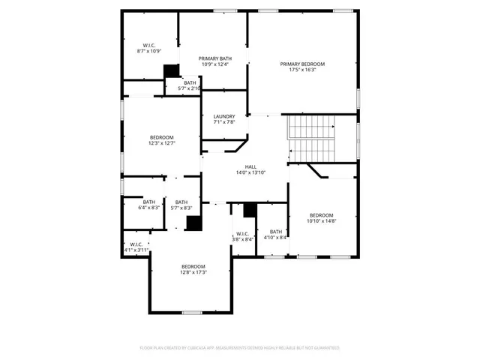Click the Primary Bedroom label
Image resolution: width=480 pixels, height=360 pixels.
point(307,64)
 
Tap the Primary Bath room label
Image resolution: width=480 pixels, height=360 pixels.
point(214,58)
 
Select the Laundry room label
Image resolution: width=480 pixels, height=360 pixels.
point(224,116)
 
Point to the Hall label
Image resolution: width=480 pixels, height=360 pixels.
point(250,166)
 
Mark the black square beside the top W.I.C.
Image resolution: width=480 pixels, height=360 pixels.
point(172,71)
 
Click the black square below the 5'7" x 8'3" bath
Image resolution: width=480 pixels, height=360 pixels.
point(193,223)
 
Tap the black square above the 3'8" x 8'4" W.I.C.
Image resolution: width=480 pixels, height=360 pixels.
point(250,210)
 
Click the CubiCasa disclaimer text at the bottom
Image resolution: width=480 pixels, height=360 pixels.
point(240,348)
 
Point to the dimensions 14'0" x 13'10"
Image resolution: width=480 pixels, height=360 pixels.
point(250,172)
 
